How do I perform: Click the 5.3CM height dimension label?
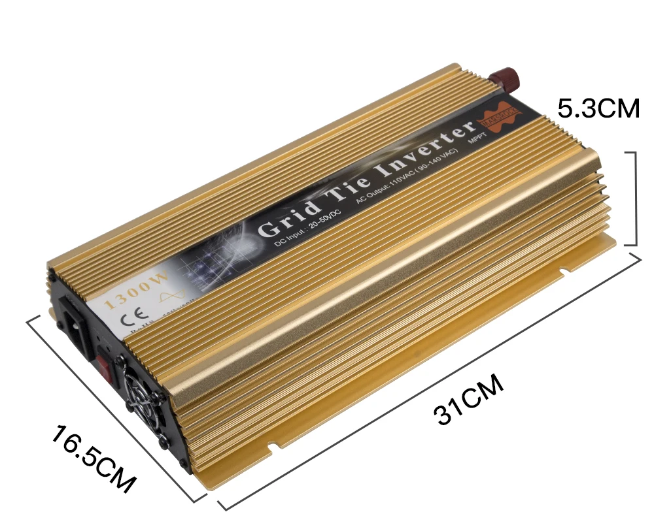pos(598,108)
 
